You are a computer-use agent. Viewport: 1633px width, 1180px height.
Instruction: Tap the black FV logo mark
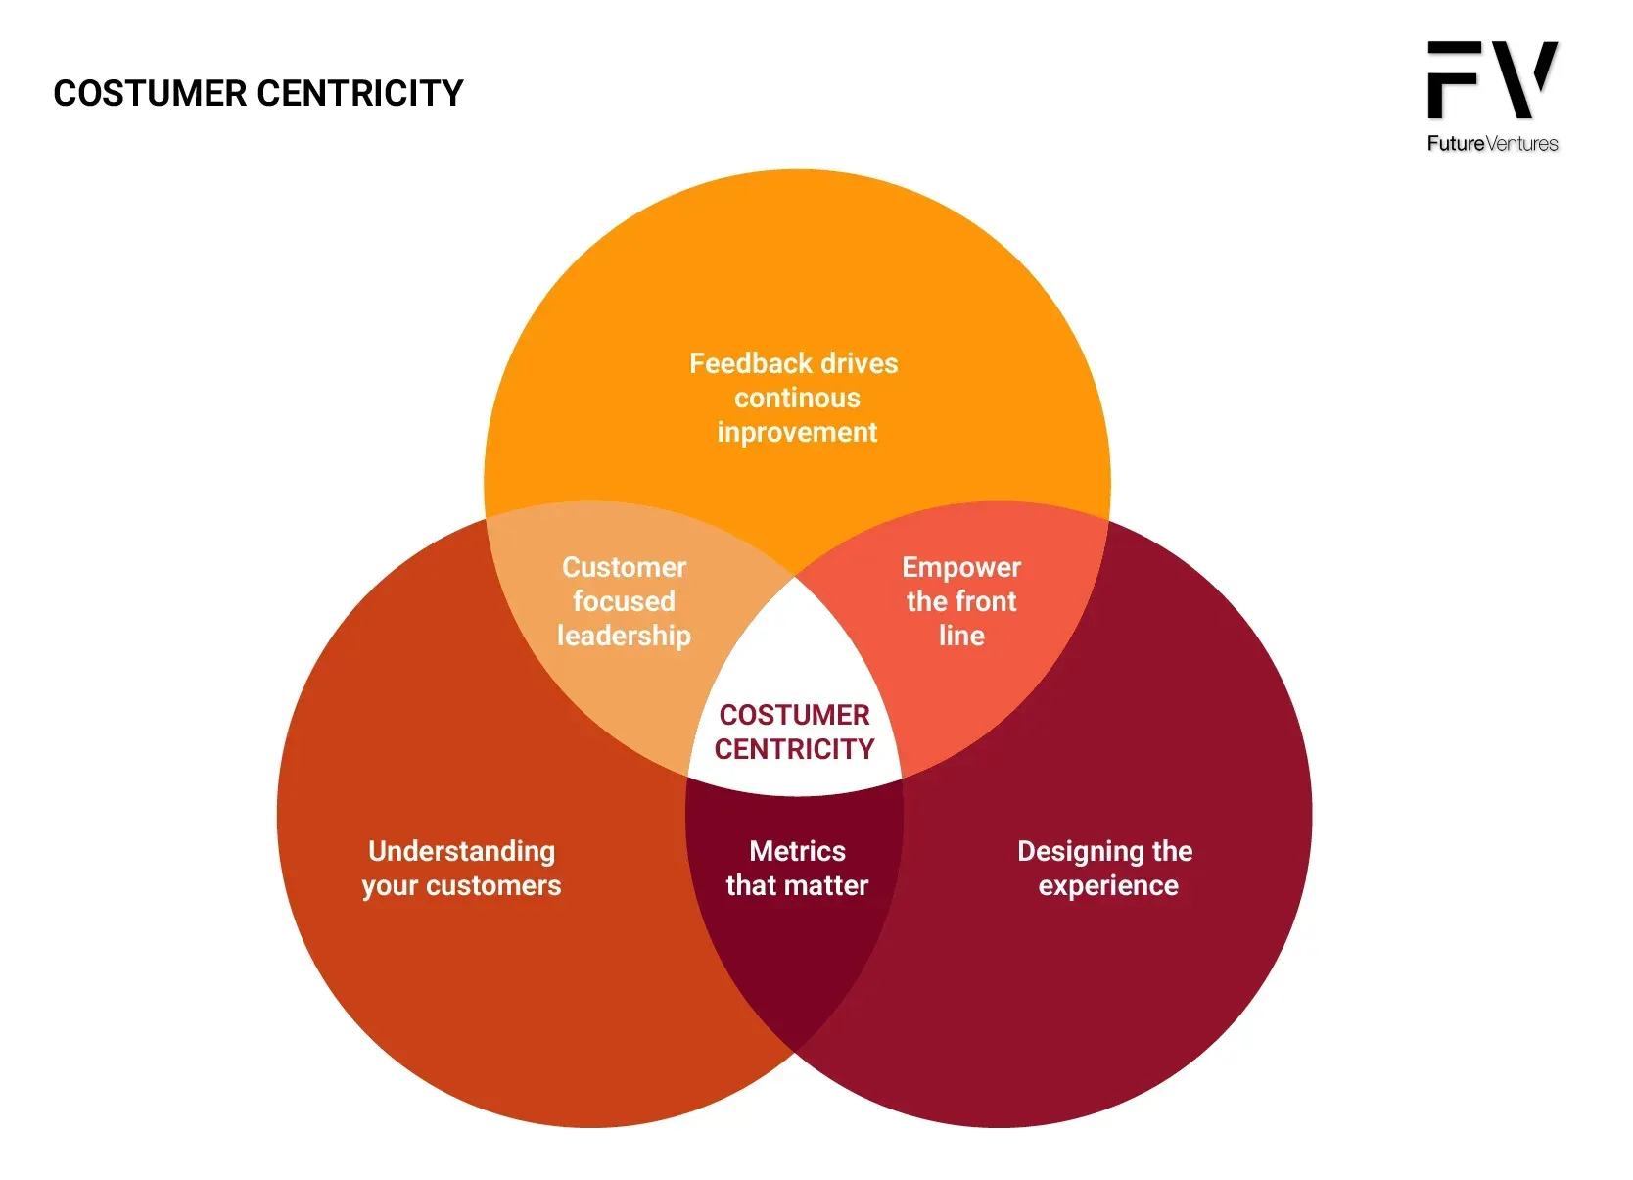pyautogui.click(x=1491, y=80)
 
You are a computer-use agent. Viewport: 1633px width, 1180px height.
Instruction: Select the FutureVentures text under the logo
pyautogui.click(x=1492, y=144)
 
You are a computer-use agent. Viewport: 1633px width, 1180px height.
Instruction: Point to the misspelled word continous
pyautogui.click(x=797, y=398)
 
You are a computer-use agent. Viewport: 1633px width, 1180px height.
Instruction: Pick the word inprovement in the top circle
pyautogui.click(x=797, y=432)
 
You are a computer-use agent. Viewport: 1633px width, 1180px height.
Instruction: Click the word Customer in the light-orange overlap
pyautogui.click(x=624, y=567)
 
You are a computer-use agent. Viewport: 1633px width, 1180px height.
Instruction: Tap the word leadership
pyautogui.click(x=624, y=636)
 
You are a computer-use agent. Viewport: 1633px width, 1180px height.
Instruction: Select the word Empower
pyautogui.click(x=960, y=567)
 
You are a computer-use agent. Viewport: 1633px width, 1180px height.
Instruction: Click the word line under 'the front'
pyautogui.click(x=961, y=636)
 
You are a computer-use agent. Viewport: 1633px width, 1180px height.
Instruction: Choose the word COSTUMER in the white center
pyautogui.click(x=794, y=715)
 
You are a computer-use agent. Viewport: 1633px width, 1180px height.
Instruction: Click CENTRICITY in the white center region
pyautogui.click(x=794, y=749)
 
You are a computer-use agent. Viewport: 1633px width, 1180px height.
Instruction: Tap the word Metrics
pyautogui.click(x=797, y=851)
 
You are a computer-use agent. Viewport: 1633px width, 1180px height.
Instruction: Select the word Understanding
pyautogui.click(x=461, y=851)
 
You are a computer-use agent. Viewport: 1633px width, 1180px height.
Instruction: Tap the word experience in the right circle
pyautogui.click(x=1108, y=885)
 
